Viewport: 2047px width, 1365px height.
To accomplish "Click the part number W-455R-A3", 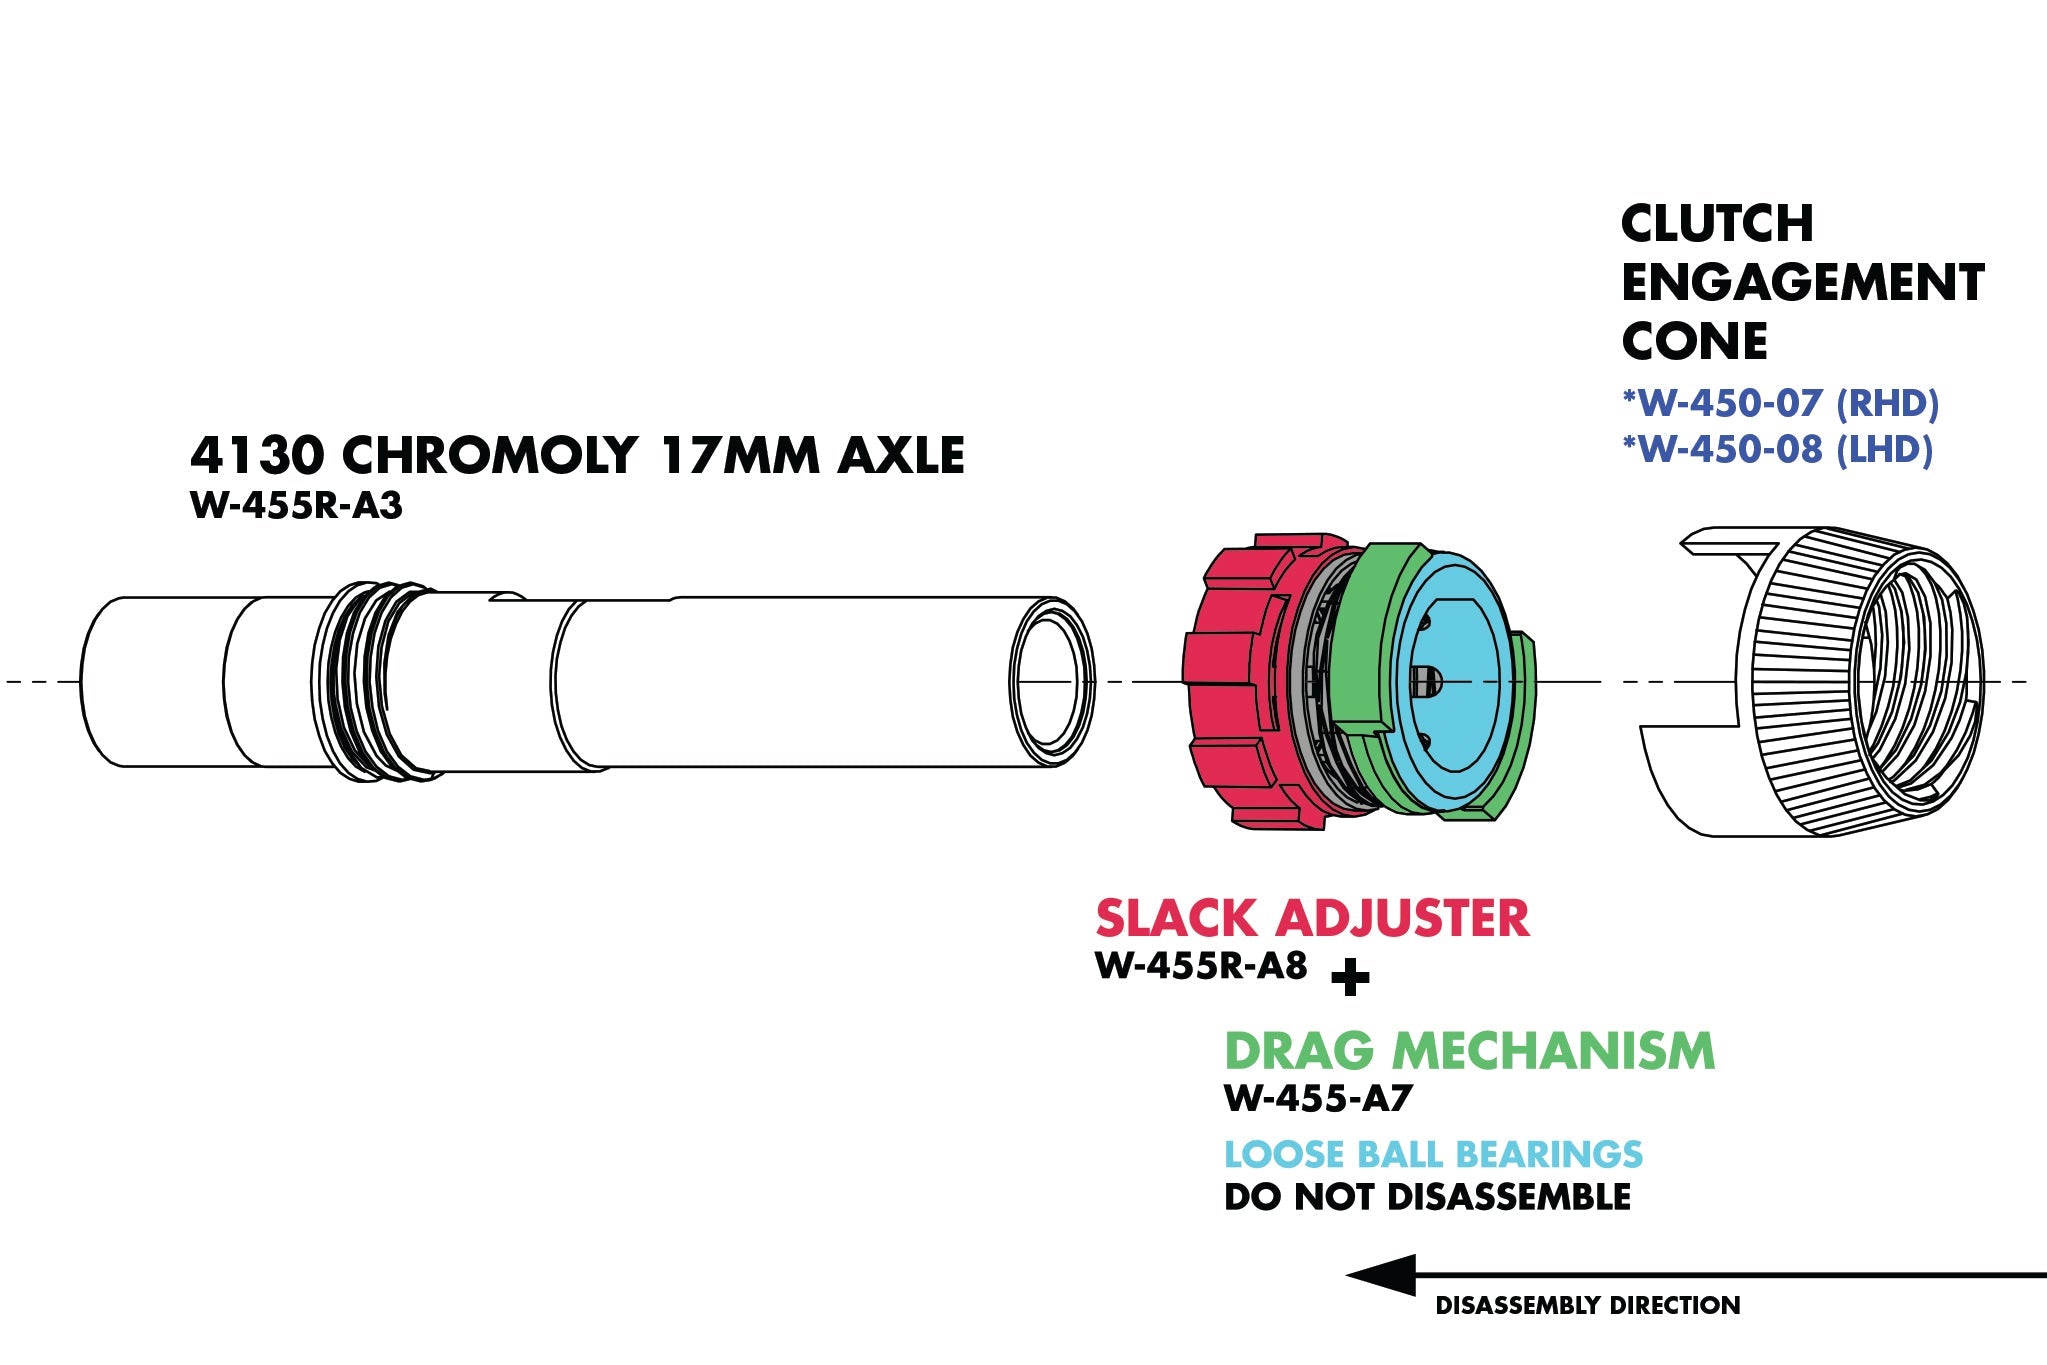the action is pyautogui.click(x=296, y=506).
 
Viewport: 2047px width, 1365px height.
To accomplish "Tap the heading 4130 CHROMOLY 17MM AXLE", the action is pyautogui.click(x=577, y=455).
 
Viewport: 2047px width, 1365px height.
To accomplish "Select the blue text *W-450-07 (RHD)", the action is pyautogui.click(x=1780, y=403).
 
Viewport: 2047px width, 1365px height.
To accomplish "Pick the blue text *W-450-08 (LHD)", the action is pyautogui.click(x=1777, y=449).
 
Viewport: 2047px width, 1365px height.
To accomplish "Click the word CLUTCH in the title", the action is pyautogui.click(x=1717, y=223).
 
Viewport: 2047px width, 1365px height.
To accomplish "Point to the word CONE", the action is pyautogui.click(x=1694, y=342).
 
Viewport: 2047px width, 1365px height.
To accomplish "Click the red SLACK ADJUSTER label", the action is pyautogui.click(x=1312, y=918).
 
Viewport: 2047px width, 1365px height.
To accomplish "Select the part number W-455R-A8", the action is pyautogui.click(x=1201, y=966).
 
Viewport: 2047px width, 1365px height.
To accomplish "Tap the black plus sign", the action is pyautogui.click(x=1350, y=977).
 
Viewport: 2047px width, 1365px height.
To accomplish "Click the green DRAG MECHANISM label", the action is pyautogui.click(x=1469, y=1050).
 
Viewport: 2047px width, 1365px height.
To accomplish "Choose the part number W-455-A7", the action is pyautogui.click(x=1318, y=1098).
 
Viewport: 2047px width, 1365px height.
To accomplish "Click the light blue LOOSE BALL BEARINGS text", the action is pyautogui.click(x=1433, y=1154).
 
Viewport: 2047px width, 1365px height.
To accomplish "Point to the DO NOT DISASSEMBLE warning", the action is pyautogui.click(x=1427, y=1197).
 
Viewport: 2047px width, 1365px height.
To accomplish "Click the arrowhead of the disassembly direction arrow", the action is pyautogui.click(x=1381, y=1275).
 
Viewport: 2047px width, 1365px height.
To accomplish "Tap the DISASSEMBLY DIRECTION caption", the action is pyautogui.click(x=1587, y=1305).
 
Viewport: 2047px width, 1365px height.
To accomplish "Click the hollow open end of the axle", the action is pyautogui.click(x=1050, y=682).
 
